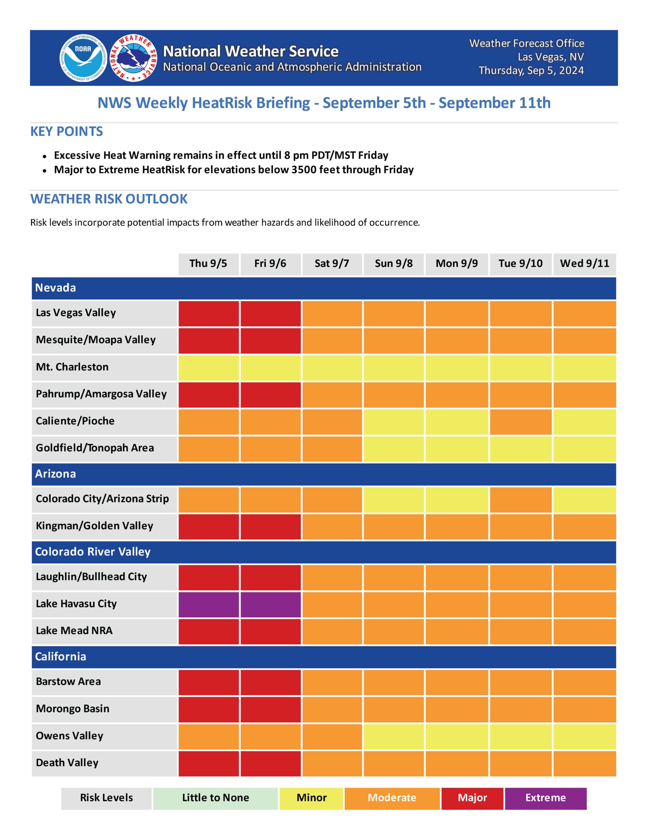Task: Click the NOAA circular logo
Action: click(83, 58)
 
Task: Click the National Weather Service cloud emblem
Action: click(134, 58)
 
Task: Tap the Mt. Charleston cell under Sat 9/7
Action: click(332, 368)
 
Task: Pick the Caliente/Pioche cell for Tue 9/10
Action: click(521, 421)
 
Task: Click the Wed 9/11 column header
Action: click(584, 264)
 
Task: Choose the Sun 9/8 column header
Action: click(394, 264)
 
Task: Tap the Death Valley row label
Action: click(67, 763)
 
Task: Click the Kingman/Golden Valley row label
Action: click(94, 526)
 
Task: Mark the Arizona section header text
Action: click(56, 474)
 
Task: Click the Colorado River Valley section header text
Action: click(93, 552)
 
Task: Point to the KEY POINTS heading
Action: click(67, 132)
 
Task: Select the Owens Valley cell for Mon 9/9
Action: click(457, 736)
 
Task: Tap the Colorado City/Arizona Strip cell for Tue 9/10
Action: click(521, 499)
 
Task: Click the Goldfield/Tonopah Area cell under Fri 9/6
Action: click(270, 448)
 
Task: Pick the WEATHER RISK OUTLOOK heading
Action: click(109, 199)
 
